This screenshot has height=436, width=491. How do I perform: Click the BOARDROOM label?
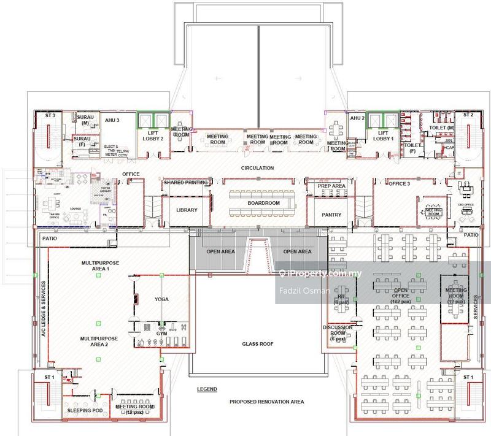264,203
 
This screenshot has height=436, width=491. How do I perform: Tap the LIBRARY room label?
187,210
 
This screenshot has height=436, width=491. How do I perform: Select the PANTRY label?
331,215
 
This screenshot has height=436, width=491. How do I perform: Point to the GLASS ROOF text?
257,345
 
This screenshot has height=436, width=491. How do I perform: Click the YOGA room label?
161,299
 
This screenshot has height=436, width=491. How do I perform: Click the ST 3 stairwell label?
50,115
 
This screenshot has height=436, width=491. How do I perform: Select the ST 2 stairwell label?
469,115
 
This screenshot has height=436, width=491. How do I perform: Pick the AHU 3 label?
111,120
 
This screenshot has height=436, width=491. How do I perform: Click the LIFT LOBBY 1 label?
383,136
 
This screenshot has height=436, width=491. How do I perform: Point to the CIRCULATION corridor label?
257,168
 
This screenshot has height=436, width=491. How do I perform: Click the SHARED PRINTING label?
185,182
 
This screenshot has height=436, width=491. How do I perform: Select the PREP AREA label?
331,186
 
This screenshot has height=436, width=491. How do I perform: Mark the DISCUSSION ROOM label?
338,331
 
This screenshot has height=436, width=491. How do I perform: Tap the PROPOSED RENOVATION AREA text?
267,402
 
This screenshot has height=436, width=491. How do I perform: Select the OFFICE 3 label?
399,183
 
